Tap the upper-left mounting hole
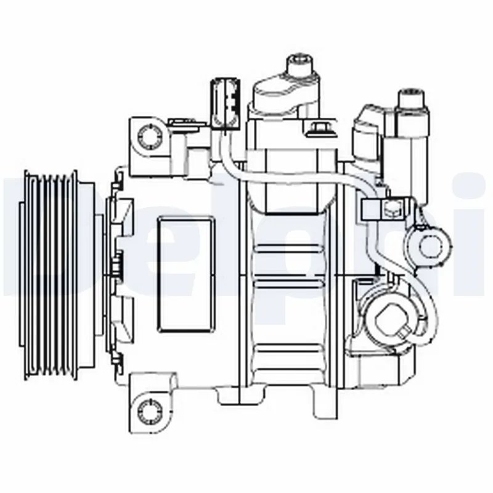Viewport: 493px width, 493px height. click(148, 134)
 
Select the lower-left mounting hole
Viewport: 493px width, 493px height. click(148, 408)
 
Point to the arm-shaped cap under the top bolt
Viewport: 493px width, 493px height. click(283, 92)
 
